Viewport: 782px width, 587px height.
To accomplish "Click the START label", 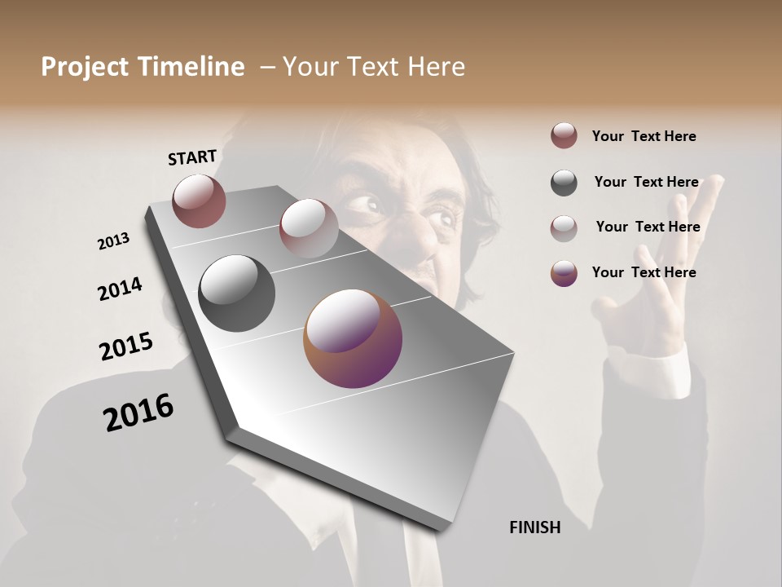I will point(192,157).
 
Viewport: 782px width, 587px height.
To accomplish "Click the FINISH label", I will point(535,527).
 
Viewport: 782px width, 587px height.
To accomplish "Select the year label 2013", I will point(113,241).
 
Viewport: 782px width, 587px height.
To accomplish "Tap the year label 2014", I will point(120,289).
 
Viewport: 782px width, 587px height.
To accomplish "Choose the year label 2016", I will point(138,413).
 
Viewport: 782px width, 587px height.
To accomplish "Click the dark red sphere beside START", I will point(199,201).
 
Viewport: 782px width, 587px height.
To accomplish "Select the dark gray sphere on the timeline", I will point(236,293).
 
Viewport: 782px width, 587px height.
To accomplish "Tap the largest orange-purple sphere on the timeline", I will point(353,338).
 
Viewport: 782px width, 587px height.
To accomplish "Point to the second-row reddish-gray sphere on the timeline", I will point(309,227).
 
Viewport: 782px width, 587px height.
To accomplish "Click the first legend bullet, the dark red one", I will point(564,136).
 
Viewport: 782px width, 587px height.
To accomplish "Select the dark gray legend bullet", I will point(564,183).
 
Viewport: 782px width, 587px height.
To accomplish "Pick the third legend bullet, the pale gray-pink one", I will point(564,227).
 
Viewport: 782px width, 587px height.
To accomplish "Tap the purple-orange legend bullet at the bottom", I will point(564,273).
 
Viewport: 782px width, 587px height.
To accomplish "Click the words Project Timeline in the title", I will point(143,67).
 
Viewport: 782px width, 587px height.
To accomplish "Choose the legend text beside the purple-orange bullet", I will point(644,272).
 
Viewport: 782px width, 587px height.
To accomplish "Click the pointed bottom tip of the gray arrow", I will point(441,527).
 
